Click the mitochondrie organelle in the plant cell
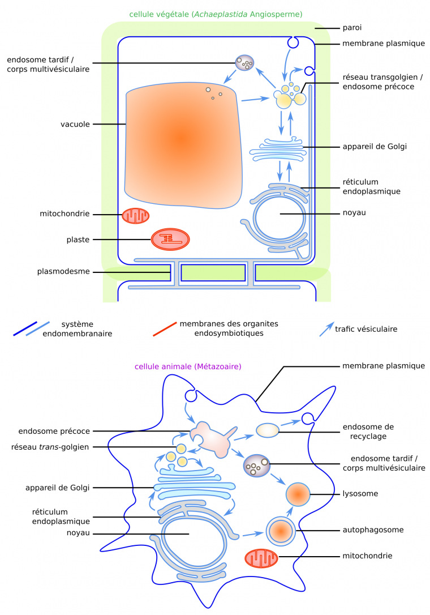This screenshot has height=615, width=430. [x=136, y=215]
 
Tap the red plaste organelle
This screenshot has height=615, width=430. [x=170, y=240]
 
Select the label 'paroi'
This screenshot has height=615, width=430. [x=352, y=28]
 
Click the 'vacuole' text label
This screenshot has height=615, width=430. [x=75, y=124]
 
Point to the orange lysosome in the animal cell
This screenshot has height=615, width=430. [x=298, y=494]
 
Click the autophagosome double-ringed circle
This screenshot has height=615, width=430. [x=280, y=531]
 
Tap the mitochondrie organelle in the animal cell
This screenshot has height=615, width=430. [x=261, y=558]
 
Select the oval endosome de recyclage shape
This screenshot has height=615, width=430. [x=268, y=431]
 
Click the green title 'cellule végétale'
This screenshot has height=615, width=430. [x=216, y=14]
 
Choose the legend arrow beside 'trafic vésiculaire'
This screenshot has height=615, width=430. [x=325, y=329]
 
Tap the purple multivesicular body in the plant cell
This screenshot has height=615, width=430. [x=246, y=63]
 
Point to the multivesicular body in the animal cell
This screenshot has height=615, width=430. [x=256, y=465]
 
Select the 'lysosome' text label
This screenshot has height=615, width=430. [x=360, y=494]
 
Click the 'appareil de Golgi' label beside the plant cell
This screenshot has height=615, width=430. [x=375, y=146]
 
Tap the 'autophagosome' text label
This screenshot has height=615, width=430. [x=373, y=531]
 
